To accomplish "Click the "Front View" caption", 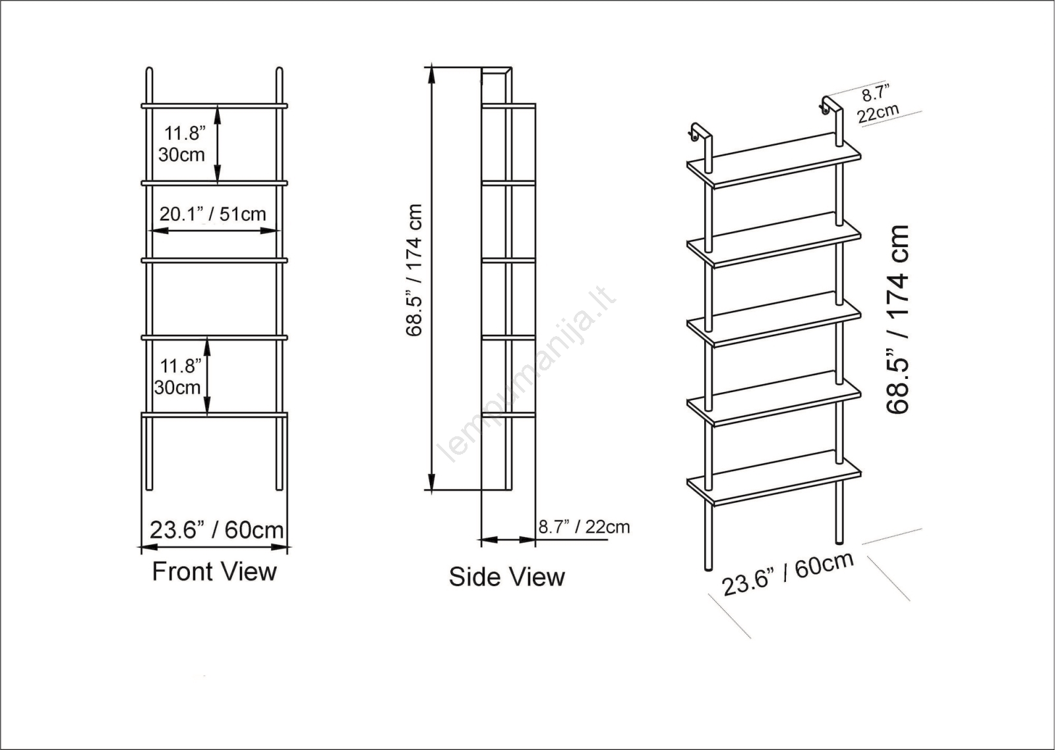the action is click(214, 572).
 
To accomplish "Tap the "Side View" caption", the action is click(507, 577).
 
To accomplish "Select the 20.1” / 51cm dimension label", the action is click(212, 214).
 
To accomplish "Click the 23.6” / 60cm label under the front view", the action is click(217, 530).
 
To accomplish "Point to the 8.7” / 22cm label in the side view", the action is click(584, 527).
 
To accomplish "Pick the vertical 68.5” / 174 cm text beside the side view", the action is click(414, 270).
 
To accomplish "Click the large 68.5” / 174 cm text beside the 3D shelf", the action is click(897, 320).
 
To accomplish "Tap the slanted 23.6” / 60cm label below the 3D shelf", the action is click(788, 573).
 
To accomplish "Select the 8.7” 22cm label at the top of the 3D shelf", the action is click(878, 105).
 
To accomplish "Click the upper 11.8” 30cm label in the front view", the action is click(183, 144).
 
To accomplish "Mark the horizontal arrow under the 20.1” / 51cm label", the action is click(214, 231).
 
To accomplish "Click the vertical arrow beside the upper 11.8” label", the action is click(217, 144).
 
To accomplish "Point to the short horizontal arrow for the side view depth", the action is click(508, 540).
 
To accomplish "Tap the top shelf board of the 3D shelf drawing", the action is click(774, 161).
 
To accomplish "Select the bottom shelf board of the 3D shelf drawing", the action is click(774, 478).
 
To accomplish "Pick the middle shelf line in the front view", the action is click(214, 260).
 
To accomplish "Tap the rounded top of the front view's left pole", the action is click(149, 70).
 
